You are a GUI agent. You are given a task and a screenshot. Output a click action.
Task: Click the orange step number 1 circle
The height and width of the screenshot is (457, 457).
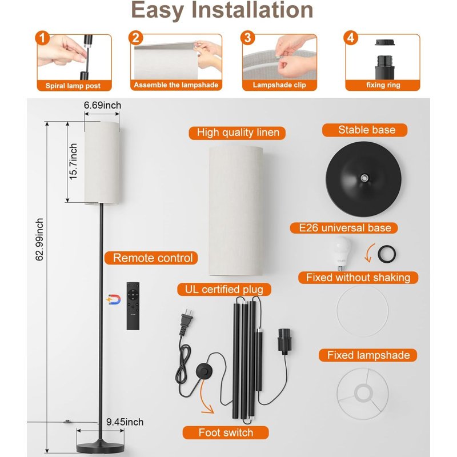point(42,38)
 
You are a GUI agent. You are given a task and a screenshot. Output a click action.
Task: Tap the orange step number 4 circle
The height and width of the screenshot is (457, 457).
point(351,38)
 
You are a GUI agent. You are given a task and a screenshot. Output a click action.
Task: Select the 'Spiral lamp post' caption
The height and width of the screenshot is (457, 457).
point(73,86)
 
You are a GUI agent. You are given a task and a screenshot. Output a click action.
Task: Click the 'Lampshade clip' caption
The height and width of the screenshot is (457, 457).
point(279,85)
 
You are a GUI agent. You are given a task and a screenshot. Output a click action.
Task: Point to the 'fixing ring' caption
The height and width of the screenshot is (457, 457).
point(383,85)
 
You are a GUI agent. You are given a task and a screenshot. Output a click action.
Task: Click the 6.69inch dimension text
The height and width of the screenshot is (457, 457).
point(102,105)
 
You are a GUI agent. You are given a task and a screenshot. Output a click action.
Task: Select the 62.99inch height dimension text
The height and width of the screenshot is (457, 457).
point(39,239)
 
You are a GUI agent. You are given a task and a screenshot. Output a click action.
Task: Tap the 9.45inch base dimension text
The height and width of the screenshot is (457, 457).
point(125,422)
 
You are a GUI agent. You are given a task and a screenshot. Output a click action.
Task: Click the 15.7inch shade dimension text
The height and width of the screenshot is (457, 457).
point(73,162)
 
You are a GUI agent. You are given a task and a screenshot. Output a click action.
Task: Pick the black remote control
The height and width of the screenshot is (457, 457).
point(133,306)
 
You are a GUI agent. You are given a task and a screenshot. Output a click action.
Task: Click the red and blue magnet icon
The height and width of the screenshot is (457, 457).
point(114,299)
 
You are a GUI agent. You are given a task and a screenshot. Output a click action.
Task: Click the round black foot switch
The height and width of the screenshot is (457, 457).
point(205,371)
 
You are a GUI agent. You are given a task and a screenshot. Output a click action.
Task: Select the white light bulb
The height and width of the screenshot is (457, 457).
point(340,253)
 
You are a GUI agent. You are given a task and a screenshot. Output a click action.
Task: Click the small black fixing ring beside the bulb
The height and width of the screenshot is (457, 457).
point(387,254)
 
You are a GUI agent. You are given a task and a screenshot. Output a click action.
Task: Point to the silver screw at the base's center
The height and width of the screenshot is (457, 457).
point(364,178)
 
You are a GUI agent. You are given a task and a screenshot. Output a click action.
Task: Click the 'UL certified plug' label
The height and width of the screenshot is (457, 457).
point(224,290)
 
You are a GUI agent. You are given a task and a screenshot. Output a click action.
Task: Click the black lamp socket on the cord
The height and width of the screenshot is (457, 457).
point(284,341)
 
